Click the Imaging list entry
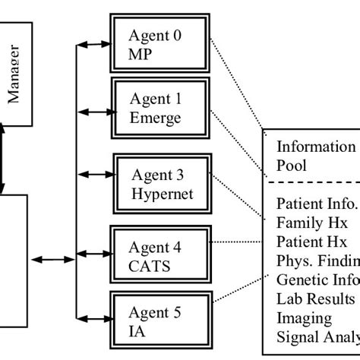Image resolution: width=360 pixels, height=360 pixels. click(x=304, y=318)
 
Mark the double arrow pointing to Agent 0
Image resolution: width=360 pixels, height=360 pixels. click(x=95, y=44)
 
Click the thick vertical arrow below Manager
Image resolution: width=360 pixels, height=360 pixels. click(x=3, y=160)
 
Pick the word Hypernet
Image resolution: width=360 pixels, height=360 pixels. click(x=162, y=193)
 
